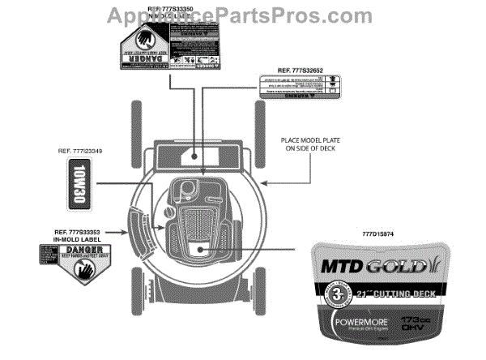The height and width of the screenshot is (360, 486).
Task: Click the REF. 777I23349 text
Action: (x=80, y=151)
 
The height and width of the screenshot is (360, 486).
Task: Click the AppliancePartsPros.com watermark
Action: (x=242, y=11)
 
